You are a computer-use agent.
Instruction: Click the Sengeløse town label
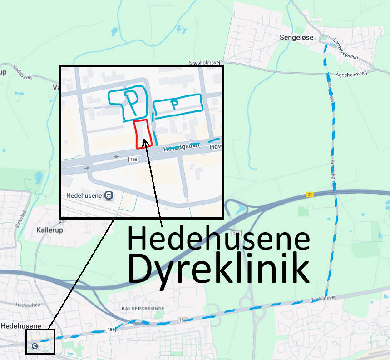(296, 37)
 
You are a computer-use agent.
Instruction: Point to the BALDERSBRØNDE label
(143, 309)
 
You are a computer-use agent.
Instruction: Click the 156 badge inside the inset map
(133, 160)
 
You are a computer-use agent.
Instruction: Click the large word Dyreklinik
(218, 269)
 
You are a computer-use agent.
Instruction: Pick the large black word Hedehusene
(218, 239)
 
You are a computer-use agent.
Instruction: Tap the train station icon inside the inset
(108, 195)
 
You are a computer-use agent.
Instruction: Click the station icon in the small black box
(35, 346)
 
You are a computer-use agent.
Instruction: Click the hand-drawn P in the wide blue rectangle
(174, 104)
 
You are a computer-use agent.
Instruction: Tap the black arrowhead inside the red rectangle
(145, 143)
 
